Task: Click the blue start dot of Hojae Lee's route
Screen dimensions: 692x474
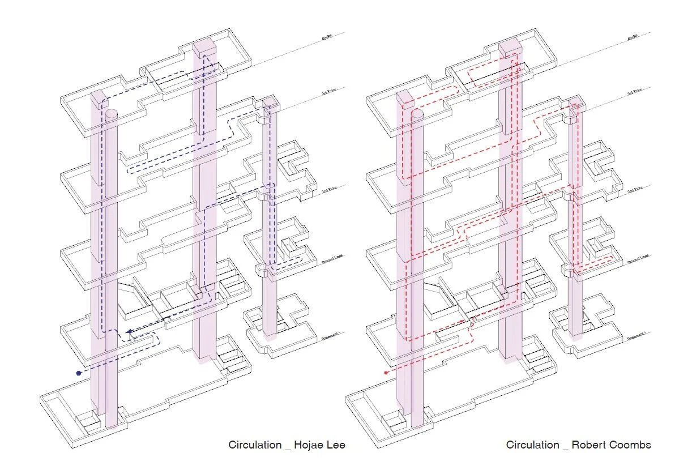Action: click(x=79, y=373)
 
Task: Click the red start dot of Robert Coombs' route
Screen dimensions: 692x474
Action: click(x=386, y=373)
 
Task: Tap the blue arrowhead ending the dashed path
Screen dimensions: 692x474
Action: click(x=129, y=332)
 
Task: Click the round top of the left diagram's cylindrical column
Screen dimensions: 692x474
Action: click(x=112, y=113)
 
